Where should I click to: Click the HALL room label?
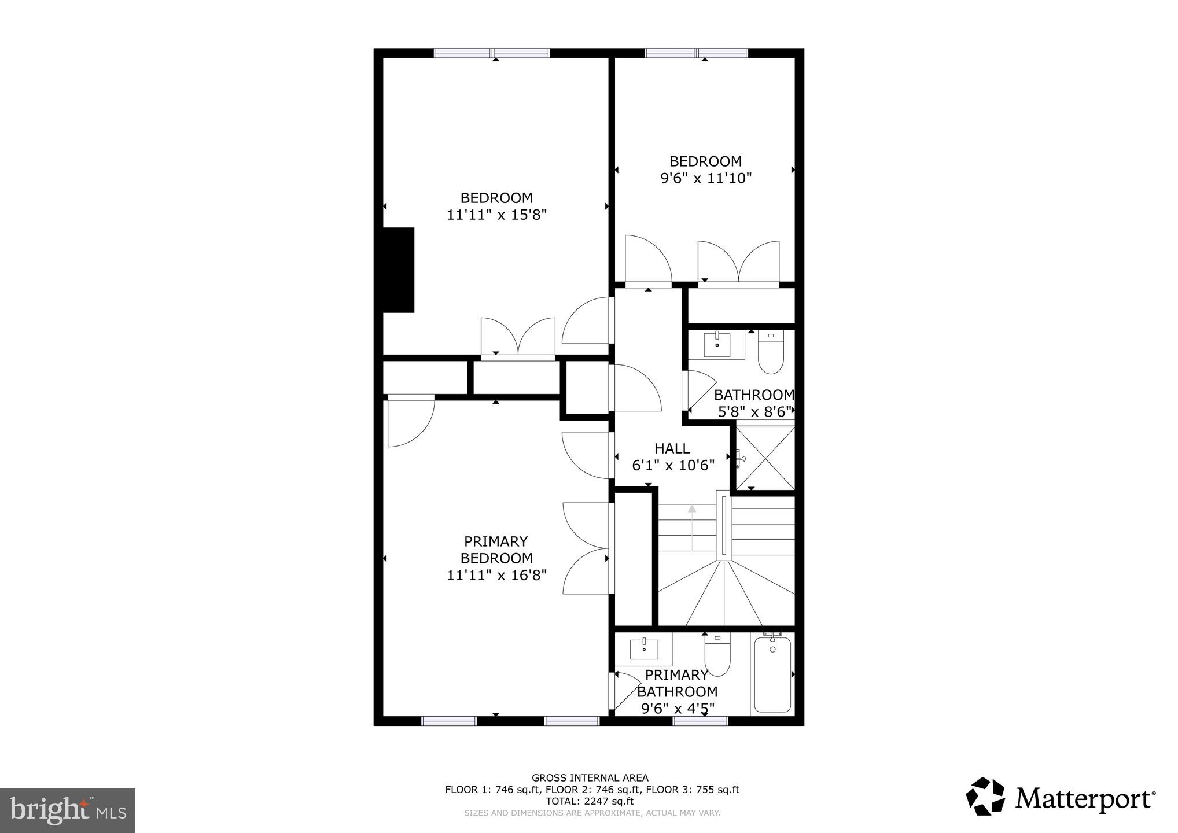click(x=672, y=448)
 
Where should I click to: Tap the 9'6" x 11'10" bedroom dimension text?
click(x=705, y=178)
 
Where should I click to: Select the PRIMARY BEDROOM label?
click(x=496, y=550)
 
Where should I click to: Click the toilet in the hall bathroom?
click(x=770, y=353)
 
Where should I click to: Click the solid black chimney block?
click(x=399, y=270)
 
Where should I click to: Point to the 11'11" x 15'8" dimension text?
click(x=496, y=215)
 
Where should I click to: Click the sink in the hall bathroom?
click(x=717, y=344)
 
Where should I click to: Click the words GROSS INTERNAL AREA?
click(x=590, y=778)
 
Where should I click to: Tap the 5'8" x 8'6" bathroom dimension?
click(x=753, y=412)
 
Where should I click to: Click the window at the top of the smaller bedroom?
click(x=697, y=53)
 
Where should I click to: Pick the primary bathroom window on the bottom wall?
click(x=700, y=721)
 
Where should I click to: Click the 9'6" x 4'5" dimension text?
click(x=678, y=708)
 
